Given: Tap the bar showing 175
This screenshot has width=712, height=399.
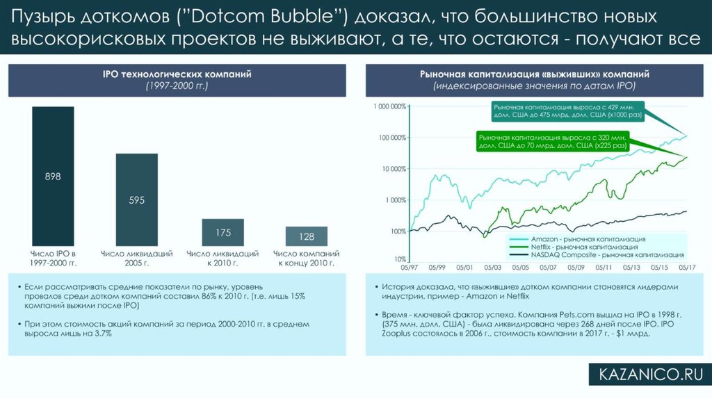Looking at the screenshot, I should tap(222, 232).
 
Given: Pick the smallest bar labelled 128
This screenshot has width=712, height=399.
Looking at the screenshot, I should tap(306, 236).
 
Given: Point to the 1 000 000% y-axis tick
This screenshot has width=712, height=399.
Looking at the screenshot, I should tap(389, 107).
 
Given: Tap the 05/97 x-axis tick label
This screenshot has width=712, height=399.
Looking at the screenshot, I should tap(409, 267).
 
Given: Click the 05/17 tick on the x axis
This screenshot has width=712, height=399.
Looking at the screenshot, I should tap(688, 267).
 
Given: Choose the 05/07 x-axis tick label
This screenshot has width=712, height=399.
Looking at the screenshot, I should tap(548, 267).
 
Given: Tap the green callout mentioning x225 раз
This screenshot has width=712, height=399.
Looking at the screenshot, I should tap(553, 142).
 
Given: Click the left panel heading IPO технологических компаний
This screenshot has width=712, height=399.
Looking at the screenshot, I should tap(177, 74).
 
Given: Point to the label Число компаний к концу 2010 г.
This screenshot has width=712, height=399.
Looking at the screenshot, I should tap(306, 259).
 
